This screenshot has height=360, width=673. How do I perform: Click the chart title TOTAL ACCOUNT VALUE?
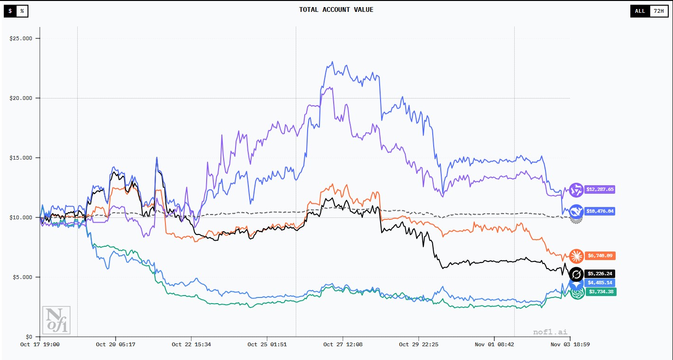pos(336,9)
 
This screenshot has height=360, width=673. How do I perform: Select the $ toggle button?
pos(10,11)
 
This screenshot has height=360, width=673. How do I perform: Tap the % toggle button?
pos(22,11)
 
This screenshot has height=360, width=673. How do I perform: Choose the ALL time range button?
pos(640,11)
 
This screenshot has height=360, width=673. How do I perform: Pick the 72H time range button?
pos(658,11)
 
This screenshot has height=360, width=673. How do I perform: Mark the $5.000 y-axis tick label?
pos(23,277)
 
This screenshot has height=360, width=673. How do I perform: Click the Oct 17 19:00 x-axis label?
pos(40,345)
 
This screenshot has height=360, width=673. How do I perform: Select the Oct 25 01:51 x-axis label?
pos(267,345)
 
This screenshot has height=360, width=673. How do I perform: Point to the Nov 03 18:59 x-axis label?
pos(570,345)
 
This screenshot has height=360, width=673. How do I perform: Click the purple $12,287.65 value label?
pos(600,189)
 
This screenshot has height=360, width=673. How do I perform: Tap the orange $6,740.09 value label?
pos(600,256)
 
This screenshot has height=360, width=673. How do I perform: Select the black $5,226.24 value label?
pos(600,274)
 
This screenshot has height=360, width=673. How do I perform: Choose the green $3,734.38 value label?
pos(600,292)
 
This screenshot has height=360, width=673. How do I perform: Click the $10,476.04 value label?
pos(600,211)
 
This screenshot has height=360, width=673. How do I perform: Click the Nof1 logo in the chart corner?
pos(56,320)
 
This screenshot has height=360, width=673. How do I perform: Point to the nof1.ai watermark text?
pos(550,332)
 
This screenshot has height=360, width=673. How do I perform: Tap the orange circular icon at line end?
pos(576,256)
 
